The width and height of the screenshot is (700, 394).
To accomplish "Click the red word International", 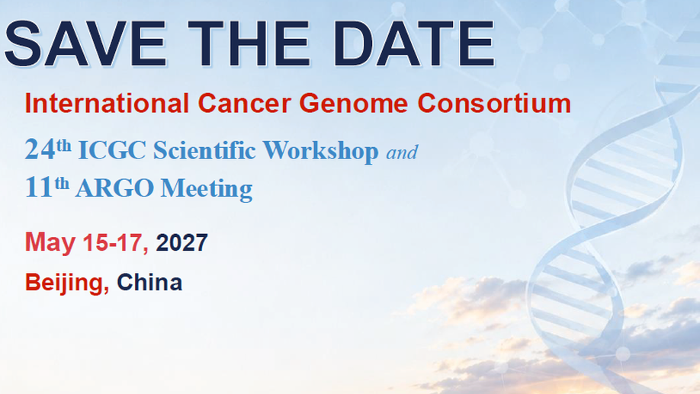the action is (108, 103).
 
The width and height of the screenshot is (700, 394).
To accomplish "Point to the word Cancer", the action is (244, 103).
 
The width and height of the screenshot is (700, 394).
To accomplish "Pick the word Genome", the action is (354, 104).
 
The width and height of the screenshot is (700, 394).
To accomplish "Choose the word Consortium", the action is (494, 103).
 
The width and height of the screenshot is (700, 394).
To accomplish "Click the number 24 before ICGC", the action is (40, 149).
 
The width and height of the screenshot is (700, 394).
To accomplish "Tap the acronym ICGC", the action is (112, 150).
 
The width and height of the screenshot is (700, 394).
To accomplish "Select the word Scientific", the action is (204, 150).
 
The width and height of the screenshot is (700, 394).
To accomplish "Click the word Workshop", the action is (320, 151).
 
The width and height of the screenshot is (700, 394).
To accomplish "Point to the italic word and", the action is (402, 152).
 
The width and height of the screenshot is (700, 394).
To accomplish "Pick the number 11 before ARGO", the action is (39, 187).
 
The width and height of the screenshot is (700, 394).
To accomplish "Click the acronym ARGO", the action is (114, 187).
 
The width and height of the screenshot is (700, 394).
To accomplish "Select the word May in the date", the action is (50, 243).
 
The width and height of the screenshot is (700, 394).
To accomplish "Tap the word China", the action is (149, 283).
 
